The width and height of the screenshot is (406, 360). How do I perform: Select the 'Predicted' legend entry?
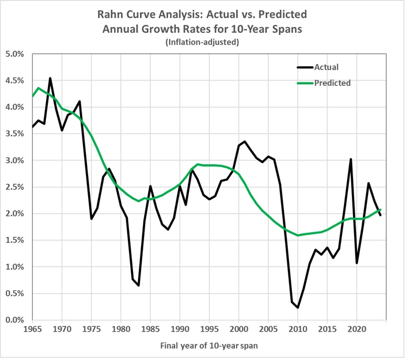point(332,83)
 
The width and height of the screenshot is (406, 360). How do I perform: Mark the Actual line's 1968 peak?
point(50,78)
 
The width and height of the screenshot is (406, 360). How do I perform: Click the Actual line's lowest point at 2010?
point(298,308)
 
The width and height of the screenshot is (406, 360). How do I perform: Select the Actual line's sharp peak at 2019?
point(351,160)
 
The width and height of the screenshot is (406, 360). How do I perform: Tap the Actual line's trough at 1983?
point(139,285)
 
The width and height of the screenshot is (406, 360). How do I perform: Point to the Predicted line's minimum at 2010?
point(298,235)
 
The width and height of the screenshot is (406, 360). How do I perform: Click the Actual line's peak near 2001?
point(245,141)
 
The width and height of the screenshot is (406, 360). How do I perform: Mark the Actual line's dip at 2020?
point(357,263)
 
